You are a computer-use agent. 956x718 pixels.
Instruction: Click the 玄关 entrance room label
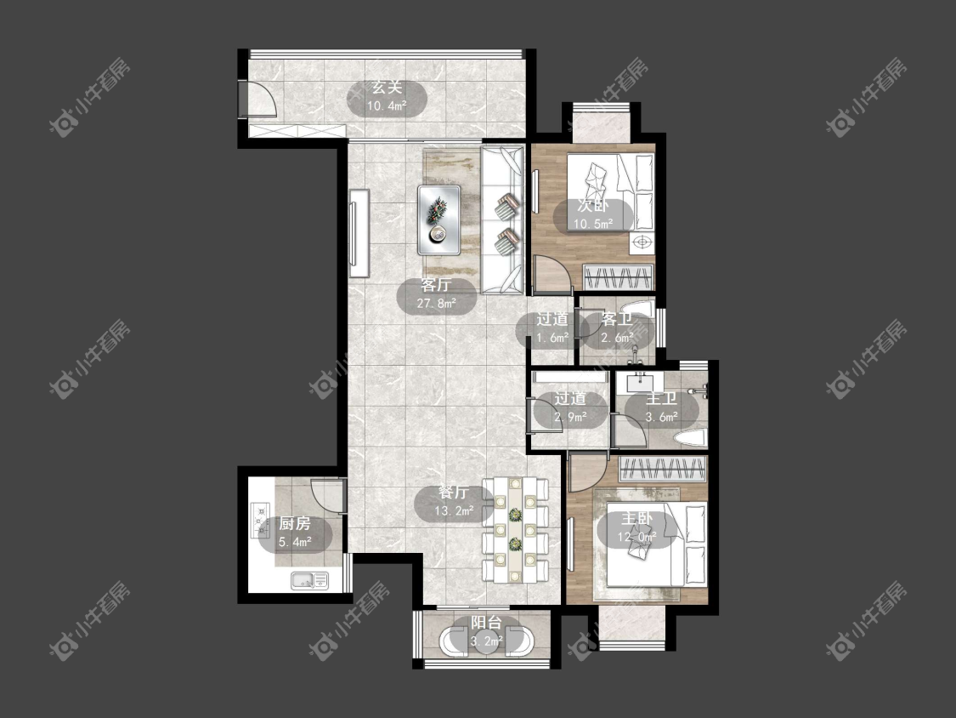tap(387, 88)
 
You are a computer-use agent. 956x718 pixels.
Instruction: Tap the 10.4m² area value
tap(387, 106)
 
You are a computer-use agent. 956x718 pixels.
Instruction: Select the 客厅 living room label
tap(436, 285)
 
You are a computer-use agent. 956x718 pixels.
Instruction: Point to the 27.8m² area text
tap(437, 303)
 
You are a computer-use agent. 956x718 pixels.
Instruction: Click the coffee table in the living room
tap(439, 219)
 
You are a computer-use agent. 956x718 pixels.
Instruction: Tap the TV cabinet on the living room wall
tap(359, 234)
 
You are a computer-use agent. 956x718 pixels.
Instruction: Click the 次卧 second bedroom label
tap(593, 207)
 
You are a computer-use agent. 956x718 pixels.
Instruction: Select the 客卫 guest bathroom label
tap(616, 319)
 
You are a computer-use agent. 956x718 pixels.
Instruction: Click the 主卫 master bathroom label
tap(661, 399)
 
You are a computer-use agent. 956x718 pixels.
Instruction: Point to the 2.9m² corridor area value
tap(571, 418)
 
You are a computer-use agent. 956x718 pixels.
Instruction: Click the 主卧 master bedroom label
tap(637, 519)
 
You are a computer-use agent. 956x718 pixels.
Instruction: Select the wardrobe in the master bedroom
tap(663, 469)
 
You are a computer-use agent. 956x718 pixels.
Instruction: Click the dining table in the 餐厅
tap(515, 530)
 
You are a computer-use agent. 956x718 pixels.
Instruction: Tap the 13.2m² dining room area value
tap(455, 510)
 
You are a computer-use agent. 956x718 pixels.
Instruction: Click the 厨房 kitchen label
tap(295, 523)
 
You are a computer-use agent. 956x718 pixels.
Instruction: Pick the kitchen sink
tap(309, 581)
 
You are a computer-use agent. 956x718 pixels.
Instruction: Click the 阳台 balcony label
tap(486, 624)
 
